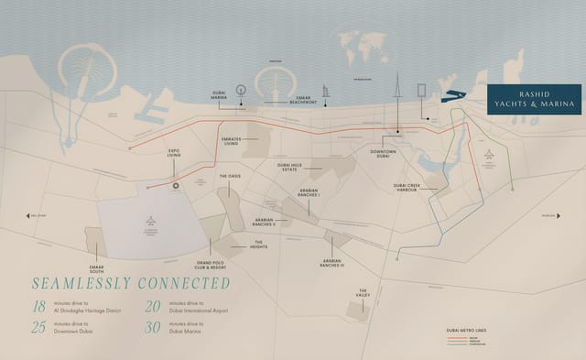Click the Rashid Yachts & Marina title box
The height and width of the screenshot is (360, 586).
click(x=532, y=104)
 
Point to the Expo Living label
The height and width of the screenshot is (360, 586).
click(x=174, y=156)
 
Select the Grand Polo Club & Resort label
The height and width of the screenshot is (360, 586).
click(x=211, y=265)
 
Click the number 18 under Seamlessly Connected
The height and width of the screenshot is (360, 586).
click(x=38, y=308)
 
